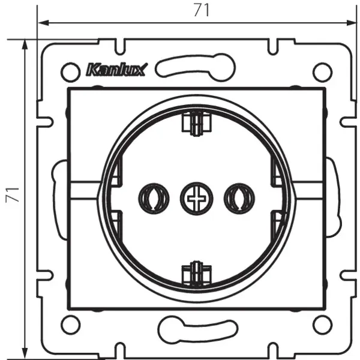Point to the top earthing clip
point(195,125)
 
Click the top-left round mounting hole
point(71,71)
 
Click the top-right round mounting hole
point(322,71)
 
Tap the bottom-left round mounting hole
point(71,325)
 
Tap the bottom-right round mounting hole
point(322,325)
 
